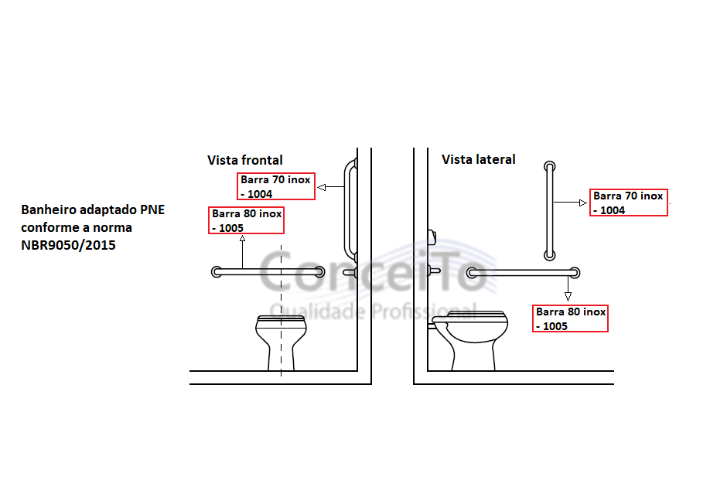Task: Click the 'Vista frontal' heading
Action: [245, 160]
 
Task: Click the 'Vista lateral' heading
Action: [479, 159]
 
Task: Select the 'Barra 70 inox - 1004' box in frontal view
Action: [276, 186]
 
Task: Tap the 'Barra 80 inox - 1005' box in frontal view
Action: [246, 220]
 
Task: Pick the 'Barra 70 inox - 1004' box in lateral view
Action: [629, 203]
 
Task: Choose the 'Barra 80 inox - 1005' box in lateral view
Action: [570, 318]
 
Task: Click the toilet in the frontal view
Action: [281, 343]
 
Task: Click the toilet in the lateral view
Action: [469, 340]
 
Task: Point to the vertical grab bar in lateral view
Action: [550, 211]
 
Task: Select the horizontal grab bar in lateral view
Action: [523, 272]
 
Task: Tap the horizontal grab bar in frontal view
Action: [268, 271]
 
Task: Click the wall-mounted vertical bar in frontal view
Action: [349, 210]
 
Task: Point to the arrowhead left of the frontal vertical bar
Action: [322, 187]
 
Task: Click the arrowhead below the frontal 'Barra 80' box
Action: [242, 238]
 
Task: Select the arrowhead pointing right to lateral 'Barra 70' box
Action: [583, 203]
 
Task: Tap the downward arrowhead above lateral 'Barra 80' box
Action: [568, 297]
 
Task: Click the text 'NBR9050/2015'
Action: [68, 245]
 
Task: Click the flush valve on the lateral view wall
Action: [432, 237]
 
